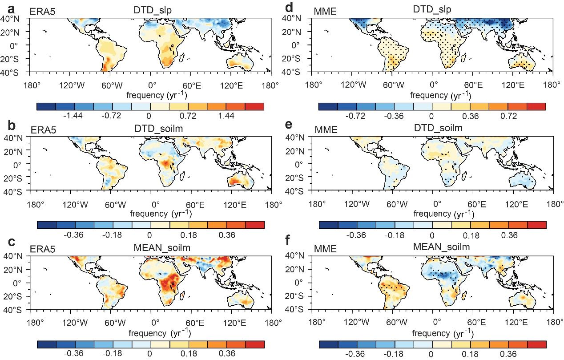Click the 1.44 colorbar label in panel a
pyautogui.click(x=235, y=116)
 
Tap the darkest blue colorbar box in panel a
pyautogui.click(x=46, y=106)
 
